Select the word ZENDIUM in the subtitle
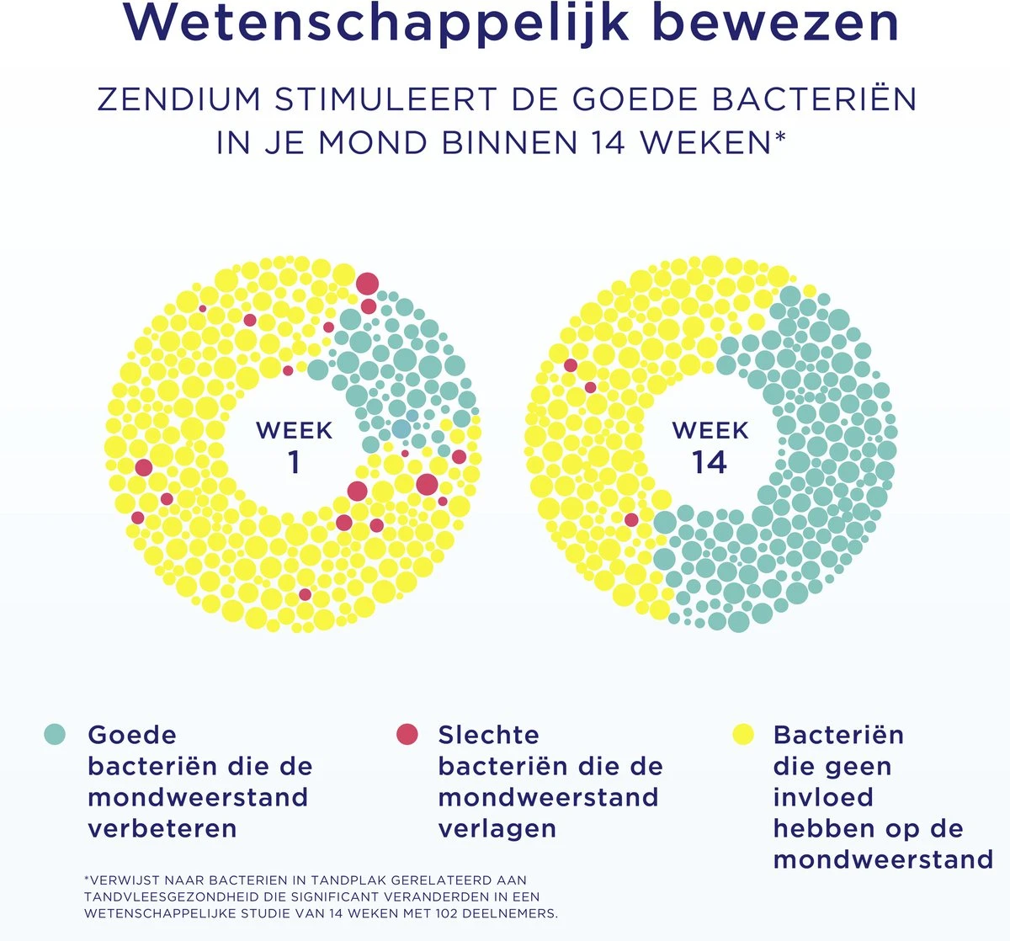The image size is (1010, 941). coord(179,99)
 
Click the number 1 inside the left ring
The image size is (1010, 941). coord(294,462)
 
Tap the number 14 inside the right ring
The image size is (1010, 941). coord(710,462)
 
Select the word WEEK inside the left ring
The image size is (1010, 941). coord(294,430)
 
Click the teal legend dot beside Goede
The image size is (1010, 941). coord(55,734)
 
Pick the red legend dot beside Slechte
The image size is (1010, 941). coord(407,734)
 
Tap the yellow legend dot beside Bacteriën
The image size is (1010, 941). coord(742,734)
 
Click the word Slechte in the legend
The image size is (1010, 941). coord(488,735)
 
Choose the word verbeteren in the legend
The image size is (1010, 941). coord(162,828)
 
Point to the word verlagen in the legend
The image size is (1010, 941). coord(497,828)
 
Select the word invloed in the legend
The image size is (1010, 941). coord(811,797)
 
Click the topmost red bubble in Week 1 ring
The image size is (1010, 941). coord(367,283)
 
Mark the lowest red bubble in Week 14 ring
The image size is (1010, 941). coord(631,519)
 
